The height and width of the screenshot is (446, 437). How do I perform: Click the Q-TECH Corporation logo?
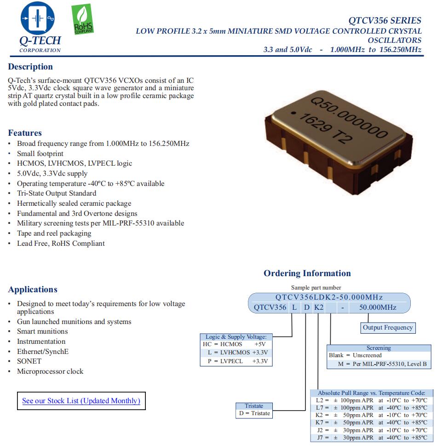(40, 28)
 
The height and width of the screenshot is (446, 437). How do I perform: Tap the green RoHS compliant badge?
(83, 20)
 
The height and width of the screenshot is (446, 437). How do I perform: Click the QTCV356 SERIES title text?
(385, 20)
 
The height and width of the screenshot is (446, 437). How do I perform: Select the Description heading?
(30, 67)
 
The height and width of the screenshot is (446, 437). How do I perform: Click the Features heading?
(25, 133)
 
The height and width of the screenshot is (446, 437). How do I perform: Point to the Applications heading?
(33, 290)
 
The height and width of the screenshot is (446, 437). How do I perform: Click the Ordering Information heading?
(307, 273)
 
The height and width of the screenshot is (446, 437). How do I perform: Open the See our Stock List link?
(81, 400)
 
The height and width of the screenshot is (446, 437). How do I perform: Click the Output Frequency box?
(387, 328)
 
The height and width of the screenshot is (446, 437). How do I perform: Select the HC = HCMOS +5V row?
(235, 344)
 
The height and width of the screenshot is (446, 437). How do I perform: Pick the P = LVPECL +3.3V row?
(235, 361)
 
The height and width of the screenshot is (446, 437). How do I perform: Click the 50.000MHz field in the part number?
(377, 307)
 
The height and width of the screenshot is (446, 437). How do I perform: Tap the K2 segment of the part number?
(319, 307)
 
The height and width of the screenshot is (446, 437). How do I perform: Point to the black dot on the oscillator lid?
(293, 112)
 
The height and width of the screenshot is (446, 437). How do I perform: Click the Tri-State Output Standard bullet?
(57, 193)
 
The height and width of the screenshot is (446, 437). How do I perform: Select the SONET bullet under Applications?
(29, 361)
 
